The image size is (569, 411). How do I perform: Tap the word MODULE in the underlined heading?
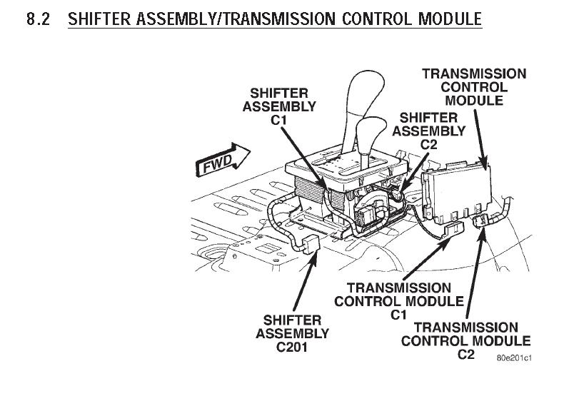pyautogui.click(x=448, y=19)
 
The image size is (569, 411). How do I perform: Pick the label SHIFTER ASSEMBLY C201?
pyautogui.click(x=293, y=333)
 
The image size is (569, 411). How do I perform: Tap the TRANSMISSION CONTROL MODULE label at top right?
pyautogui.click(x=474, y=86)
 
